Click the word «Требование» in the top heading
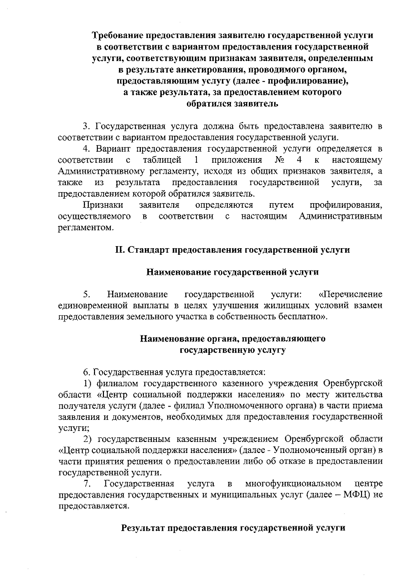[x=118, y=36]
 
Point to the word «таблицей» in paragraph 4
[x=162, y=160]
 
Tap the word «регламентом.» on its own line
[x=85, y=228]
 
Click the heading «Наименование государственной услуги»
[x=232, y=272]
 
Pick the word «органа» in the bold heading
[x=220, y=339]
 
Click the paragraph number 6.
[x=86, y=372]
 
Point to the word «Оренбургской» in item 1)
[x=353, y=383]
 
